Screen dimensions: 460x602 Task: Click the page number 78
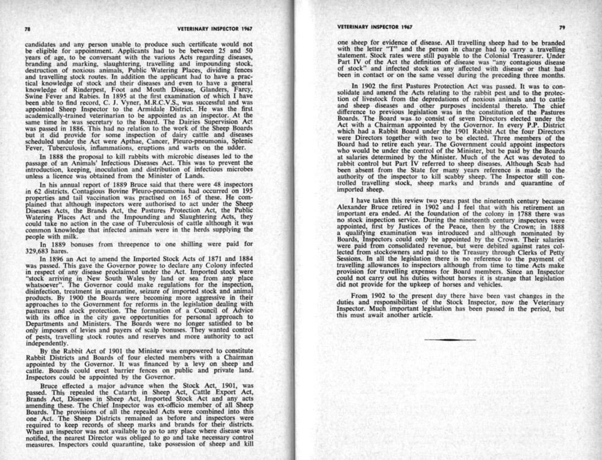point(27,28)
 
